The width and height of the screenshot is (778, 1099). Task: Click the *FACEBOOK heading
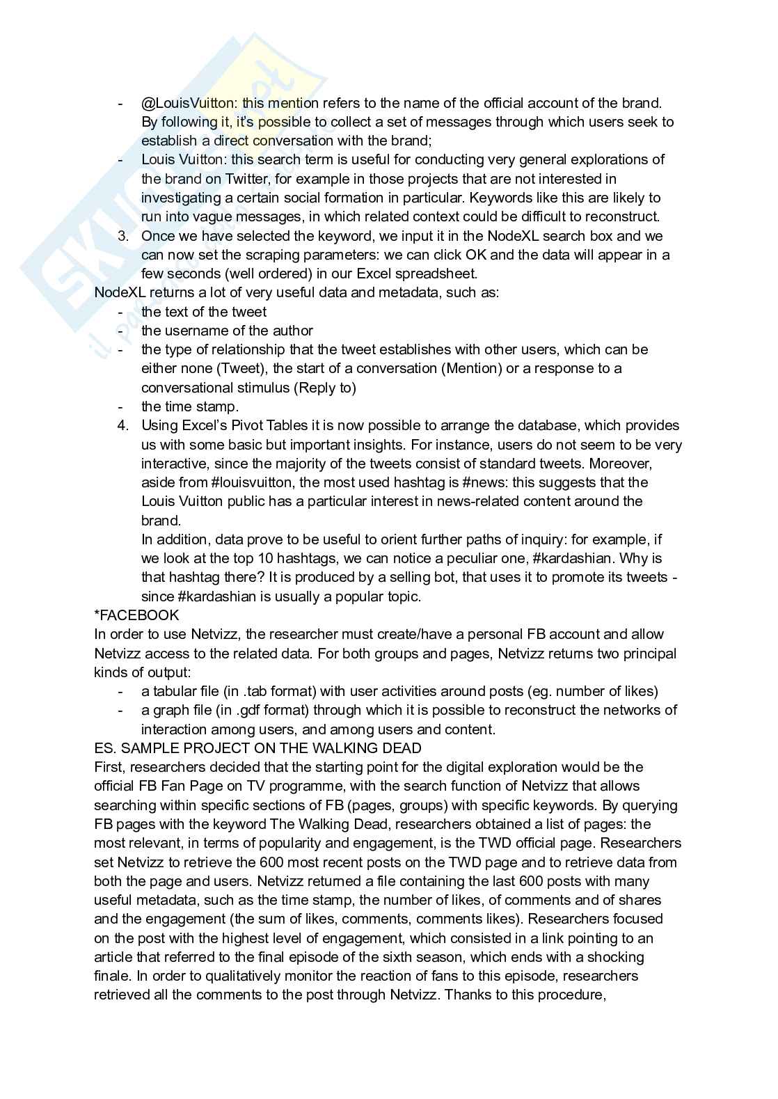(136, 615)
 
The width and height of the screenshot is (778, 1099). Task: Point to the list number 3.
(123, 236)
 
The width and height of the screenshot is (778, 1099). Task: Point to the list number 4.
(123, 425)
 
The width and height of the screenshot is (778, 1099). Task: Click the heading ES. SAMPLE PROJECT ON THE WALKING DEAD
(257, 748)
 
